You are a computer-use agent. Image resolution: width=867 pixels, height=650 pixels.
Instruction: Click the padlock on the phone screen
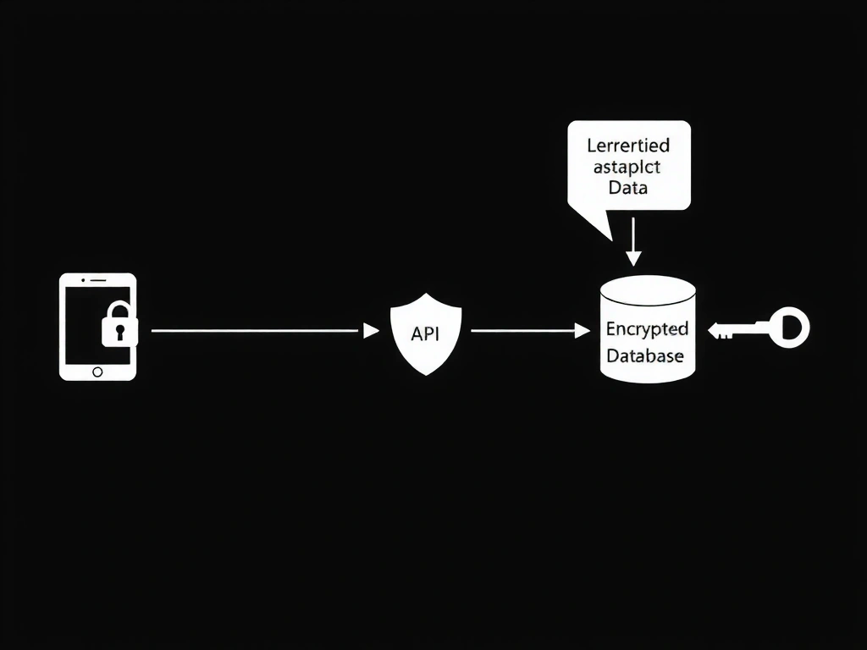(119, 326)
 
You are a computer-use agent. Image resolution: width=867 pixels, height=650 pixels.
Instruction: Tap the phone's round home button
(97, 372)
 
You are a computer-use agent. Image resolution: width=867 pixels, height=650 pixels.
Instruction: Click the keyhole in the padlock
(119, 332)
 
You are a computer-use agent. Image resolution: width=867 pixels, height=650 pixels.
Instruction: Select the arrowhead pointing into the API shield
(371, 331)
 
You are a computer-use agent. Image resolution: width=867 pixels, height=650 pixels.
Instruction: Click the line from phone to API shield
(254, 331)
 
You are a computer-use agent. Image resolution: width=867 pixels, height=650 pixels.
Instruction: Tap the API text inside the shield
(425, 333)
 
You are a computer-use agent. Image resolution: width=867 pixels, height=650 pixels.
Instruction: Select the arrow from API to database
(525, 331)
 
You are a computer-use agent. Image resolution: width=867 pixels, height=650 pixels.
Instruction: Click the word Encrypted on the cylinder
(647, 328)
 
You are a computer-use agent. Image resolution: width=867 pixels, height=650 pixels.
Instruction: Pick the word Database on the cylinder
(645, 356)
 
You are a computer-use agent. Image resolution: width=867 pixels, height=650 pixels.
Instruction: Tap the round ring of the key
(791, 327)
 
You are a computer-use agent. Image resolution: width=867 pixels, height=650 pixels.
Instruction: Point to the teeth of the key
(726, 334)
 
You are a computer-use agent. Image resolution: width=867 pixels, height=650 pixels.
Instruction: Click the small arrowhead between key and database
(713, 328)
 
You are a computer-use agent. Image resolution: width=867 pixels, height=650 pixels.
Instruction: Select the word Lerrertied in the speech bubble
(628, 146)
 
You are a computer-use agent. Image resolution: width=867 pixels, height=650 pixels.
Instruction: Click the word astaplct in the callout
(627, 167)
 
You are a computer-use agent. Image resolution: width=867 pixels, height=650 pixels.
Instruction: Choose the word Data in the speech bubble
(628, 188)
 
